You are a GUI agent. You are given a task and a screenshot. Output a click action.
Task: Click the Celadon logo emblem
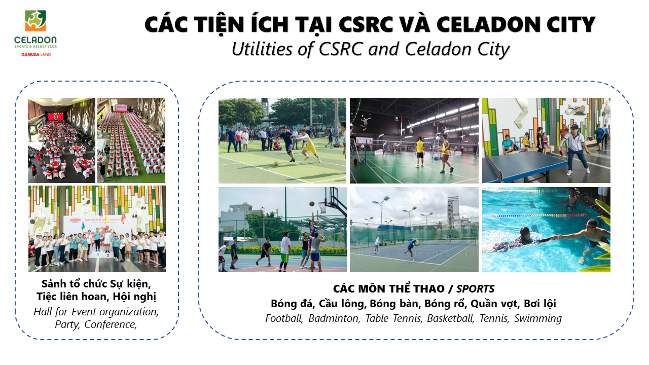coord(35,21)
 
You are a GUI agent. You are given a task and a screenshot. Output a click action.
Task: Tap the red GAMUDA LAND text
coord(36,54)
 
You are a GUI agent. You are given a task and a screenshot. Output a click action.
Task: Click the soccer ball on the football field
coord(276,163)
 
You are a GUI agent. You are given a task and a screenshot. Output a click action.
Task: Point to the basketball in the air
coord(312,204)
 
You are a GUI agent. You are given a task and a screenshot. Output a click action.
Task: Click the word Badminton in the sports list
coord(334,318)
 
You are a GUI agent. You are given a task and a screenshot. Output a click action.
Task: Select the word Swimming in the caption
coord(538,319)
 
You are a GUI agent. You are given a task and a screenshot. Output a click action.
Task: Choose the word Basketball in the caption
coord(450,318)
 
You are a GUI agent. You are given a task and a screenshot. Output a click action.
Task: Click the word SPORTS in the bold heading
coord(476,289)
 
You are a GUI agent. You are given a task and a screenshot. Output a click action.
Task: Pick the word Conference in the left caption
coord(111,325)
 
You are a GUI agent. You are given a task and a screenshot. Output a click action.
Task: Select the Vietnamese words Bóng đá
coord(292,304)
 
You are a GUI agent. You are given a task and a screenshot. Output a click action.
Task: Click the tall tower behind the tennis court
coord(453,211)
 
